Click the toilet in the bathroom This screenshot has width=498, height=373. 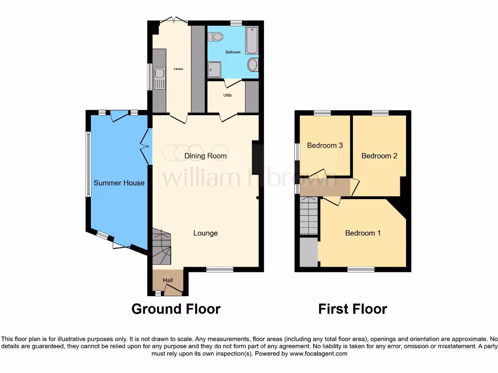coord(215,36)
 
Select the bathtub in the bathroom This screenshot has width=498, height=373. coord(251,40)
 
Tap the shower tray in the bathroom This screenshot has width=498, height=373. coord(215,69)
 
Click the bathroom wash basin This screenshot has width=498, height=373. coord(252,65)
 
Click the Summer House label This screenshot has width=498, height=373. coord(119,183)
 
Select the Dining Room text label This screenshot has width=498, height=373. coord(206,156)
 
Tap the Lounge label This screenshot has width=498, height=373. coord(205,233)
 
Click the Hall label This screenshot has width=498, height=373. coord(168,280)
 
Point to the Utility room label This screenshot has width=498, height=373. coord(227,96)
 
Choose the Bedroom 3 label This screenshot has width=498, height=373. coord(325,145)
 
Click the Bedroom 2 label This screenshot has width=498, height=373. coord(379,156)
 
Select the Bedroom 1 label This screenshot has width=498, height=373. coord(363,233)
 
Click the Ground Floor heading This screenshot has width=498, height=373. coord(176,309)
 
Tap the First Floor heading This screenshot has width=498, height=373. coord(353,309)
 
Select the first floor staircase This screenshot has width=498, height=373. coord(308,217)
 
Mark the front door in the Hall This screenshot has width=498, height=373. coord(172,290)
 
